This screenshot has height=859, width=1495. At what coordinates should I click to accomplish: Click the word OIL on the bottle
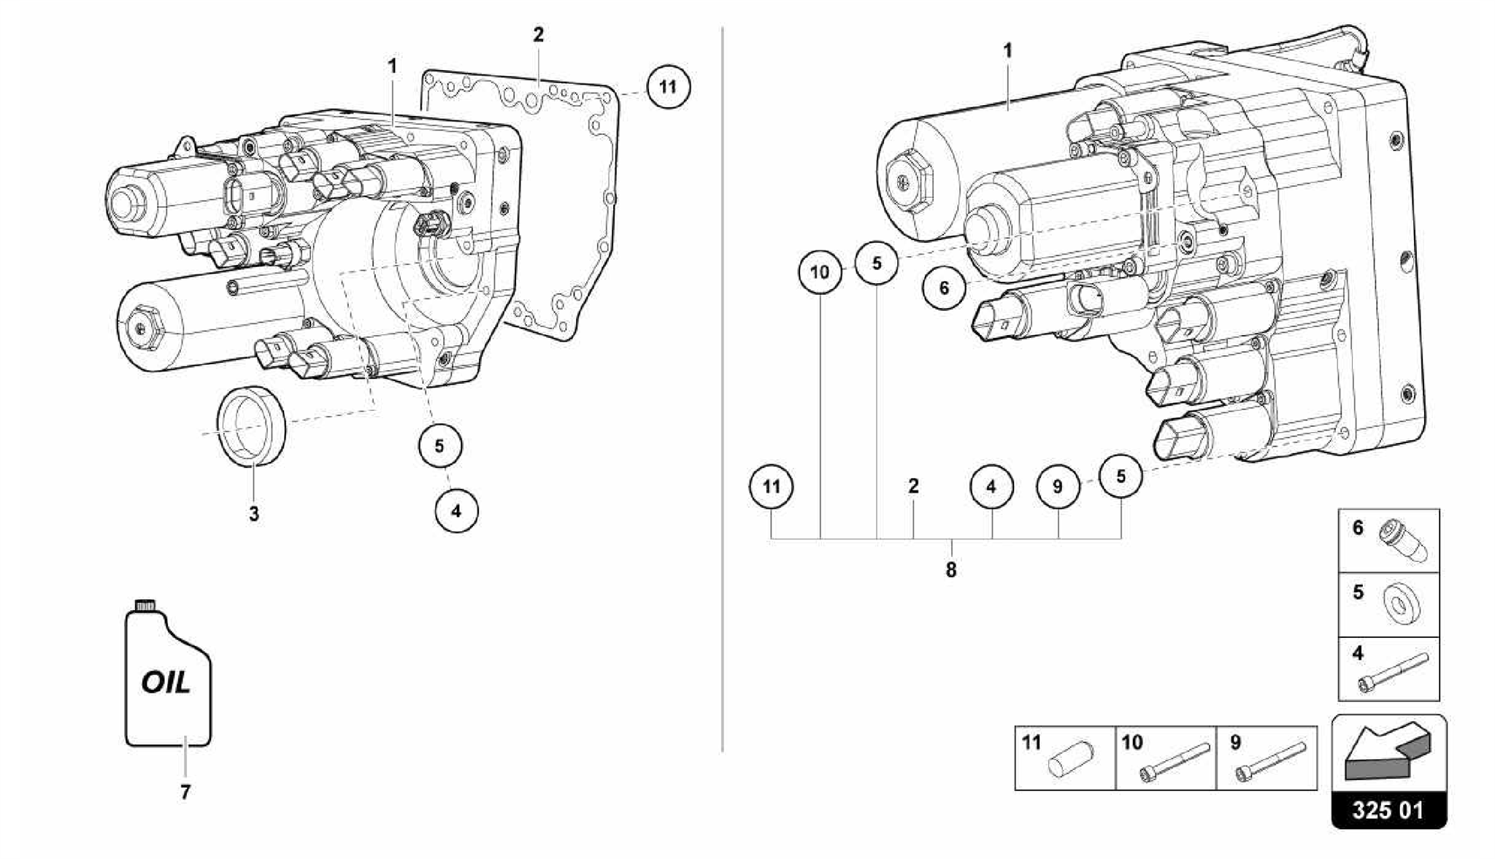166,683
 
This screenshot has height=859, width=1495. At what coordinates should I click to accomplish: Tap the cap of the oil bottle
145,604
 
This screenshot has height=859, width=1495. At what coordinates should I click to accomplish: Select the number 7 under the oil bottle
185,792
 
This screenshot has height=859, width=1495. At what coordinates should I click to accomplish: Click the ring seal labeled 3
252,424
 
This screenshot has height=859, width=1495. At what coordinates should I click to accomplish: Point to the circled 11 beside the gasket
667,88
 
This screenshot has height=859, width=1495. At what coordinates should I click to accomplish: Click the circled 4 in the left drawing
456,511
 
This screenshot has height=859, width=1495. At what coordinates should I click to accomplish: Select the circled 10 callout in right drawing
820,272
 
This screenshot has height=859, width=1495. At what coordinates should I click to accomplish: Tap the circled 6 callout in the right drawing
944,288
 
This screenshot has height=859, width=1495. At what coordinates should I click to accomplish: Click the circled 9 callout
1058,487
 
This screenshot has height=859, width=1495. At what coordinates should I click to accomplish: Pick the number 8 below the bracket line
950,570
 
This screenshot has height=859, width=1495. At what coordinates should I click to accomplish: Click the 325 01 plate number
1388,810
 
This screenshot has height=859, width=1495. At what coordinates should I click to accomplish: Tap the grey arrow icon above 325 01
1387,752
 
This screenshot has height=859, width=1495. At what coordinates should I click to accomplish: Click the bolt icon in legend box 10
1173,763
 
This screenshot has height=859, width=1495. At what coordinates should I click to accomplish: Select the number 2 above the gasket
538,35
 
